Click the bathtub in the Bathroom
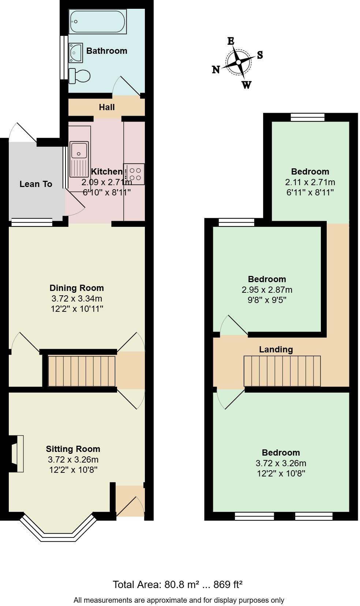pos(97,22)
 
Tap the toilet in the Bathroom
pos(80,76)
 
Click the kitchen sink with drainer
pos(79,159)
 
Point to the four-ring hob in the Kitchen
pos(134,174)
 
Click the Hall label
pos(106,107)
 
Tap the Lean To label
pos(35,184)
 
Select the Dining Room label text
pos(76,288)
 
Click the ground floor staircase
pos(82,371)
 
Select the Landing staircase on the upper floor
pos(282,371)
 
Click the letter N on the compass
pos(216,70)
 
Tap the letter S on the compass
pos(260,55)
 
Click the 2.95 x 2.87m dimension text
pos(267,290)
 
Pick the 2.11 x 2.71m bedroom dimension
pos(310,182)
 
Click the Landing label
pos(276,349)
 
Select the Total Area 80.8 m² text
pos(177,584)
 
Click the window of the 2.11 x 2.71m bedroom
pos(307,117)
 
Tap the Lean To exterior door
pos(22,132)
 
